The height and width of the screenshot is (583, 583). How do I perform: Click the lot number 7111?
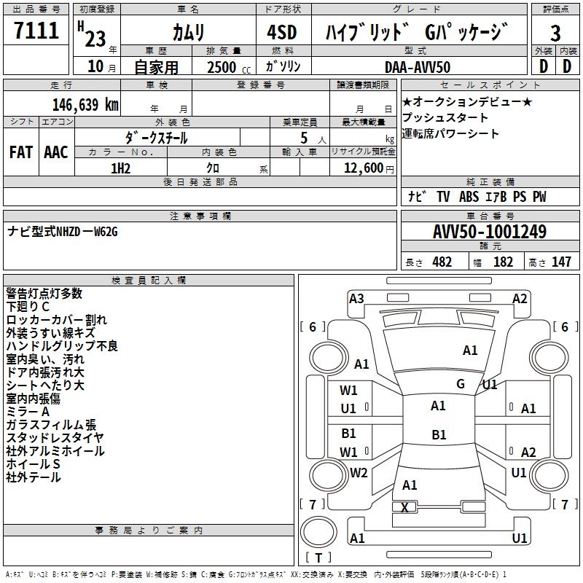36,31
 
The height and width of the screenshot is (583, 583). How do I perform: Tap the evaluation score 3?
555,33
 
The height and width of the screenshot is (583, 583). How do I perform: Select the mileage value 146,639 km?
85,104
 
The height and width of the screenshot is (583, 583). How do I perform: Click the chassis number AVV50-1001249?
490,232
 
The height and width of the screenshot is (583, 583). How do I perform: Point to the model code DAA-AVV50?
418,67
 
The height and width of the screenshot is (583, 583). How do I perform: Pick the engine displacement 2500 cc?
224,67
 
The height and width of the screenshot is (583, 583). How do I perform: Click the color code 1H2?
121,168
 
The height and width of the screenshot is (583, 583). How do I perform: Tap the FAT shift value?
21,152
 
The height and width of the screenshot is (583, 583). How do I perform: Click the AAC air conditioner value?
56,152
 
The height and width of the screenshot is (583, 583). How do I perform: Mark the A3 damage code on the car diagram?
356,298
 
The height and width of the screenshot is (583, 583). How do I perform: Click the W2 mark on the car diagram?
359,472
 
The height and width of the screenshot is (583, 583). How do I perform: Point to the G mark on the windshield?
461,383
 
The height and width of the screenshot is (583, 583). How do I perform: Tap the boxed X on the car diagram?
405,507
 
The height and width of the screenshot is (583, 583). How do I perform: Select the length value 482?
442,262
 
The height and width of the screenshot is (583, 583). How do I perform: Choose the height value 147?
561,262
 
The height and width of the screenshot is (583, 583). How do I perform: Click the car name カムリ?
189,33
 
